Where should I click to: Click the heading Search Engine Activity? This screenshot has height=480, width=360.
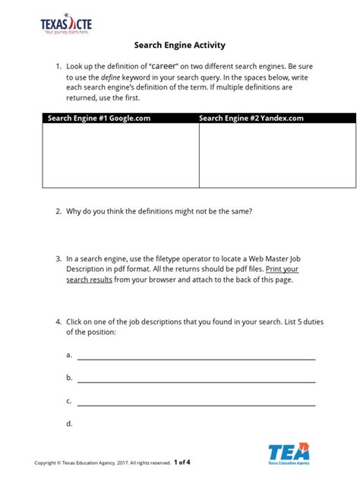pyautogui.click(x=180, y=46)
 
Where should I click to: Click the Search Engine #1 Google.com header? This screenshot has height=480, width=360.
pyautogui.click(x=98, y=118)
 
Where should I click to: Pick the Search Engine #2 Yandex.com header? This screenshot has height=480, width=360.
pyautogui.click(x=251, y=118)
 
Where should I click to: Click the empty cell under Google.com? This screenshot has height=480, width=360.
pyautogui.click(x=121, y=155)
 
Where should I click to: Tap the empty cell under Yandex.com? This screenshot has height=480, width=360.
pyautogui.click(x=277, y=155)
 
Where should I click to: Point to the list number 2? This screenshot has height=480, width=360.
pyautogui.click(x=58, y=212)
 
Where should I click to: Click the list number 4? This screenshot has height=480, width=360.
pyautogui.click(x=58, y=321)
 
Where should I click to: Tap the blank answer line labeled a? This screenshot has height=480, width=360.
pyautogui.click(x=196, y=358)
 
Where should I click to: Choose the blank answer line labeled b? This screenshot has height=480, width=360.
pyautogui.click(x=196, y=381)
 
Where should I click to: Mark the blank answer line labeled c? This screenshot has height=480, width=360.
pyautogui.click(x=196, y=404)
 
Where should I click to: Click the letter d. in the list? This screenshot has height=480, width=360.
pyautogui.click(x=69, y=423)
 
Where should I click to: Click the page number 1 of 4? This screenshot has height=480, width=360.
pyautogui.click(x=182, y=461)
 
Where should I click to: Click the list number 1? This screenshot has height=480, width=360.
pyautogui.click(x=58, y=67)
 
